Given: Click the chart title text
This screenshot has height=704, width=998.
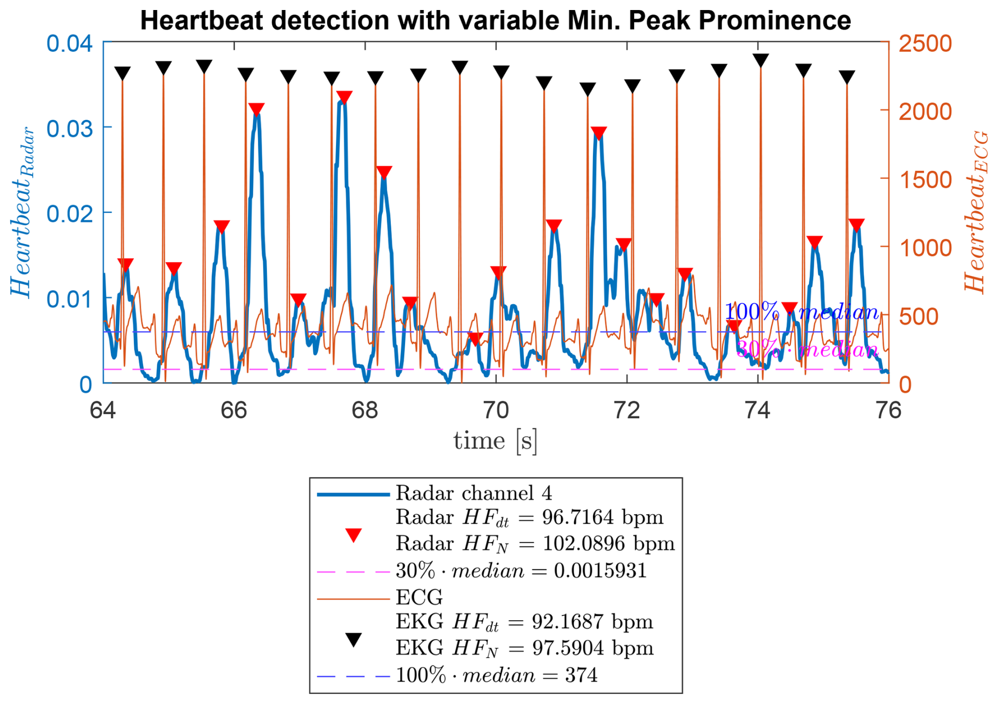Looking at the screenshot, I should pos(495,21).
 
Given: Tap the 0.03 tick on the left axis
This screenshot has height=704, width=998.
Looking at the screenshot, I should pos(69,128).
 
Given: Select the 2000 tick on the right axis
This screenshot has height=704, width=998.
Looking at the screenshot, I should pos(925,111).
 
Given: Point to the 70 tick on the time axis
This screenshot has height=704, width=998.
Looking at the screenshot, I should pos(496,410).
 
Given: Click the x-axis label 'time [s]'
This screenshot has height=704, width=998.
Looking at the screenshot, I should pos(495,441).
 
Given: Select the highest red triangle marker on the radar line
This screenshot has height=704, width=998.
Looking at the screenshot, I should pos(344,97).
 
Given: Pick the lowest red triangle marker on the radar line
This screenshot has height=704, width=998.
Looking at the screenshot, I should pos(475,339).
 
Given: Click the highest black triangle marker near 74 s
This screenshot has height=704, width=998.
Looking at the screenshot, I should pos(760,60).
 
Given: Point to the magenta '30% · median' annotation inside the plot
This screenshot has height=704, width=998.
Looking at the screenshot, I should pos(807,350).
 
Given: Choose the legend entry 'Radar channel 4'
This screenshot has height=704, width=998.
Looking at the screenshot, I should pos(474,493).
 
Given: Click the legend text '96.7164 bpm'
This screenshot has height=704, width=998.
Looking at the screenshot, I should pos(602,517).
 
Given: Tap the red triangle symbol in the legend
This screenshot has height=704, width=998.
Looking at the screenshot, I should pos(353,535).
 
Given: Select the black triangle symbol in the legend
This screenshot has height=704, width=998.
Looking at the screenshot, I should pos(353,640).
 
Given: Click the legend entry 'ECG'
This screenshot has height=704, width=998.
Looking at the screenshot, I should pos(419,597).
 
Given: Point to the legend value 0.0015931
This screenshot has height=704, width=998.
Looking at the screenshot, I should pos(600,571).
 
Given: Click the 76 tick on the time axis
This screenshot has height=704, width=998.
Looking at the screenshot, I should pos(888,410).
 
